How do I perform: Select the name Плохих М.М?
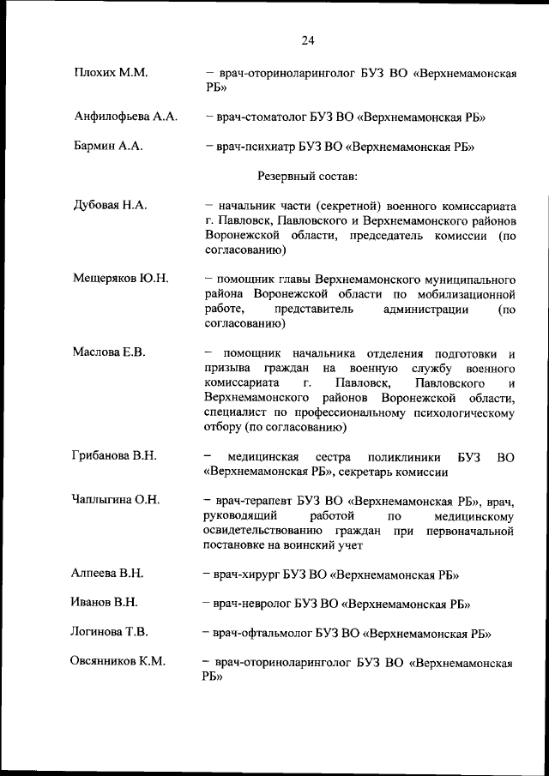coord(112,74)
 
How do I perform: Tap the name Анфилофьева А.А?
coord(126,116)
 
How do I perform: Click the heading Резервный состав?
coord(308,176)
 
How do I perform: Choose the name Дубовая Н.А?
coord(112,206)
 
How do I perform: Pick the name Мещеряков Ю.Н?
coord(121,280)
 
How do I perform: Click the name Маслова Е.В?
coord(110,352)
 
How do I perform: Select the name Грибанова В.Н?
coord(114,455)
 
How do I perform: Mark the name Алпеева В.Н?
coord(107,573)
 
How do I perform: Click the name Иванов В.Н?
coord(105,603)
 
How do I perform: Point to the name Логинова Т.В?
coord(110,633)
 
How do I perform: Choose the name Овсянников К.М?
coord(118,662)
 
